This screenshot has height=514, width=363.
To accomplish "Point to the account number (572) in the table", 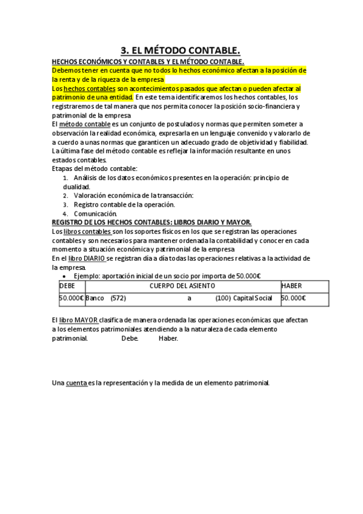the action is (118, 298).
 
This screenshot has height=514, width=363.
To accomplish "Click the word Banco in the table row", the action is (95, 298).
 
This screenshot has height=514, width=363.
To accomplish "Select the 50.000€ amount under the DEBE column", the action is (71, 298).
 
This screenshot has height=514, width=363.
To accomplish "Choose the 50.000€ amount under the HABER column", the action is (293, 298).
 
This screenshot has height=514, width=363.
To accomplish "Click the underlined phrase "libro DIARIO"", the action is (86, 258).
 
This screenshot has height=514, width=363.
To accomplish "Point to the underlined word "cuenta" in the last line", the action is (76, 383).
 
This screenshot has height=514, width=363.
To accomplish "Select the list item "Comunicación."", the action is (95, 213).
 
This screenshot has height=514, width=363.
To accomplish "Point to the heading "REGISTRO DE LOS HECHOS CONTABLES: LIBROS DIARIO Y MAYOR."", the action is (152, 222).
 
